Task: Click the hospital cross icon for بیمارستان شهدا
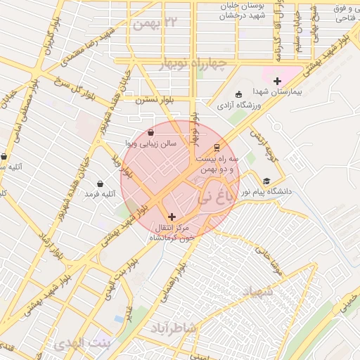click(277, 82)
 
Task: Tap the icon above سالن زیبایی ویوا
click(151, 132)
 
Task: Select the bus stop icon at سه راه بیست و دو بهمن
click(217, 148)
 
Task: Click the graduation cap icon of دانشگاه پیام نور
click(266, 181)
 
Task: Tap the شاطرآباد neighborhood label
click(173, 328)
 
